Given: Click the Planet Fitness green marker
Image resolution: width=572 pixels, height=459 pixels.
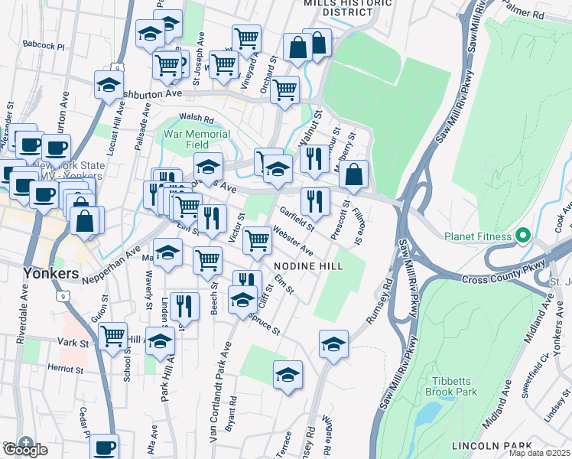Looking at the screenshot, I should pos(523,236).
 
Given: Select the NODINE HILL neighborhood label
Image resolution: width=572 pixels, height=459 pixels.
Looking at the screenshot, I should pos(308,265).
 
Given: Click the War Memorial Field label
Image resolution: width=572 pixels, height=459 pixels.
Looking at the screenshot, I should pos(197,139).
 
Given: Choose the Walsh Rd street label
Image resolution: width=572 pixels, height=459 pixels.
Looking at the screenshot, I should pos(197,119).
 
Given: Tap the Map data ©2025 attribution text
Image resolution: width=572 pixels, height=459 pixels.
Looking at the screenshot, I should pos(540,453).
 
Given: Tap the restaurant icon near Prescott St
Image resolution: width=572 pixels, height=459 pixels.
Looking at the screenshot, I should pos(315,201).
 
